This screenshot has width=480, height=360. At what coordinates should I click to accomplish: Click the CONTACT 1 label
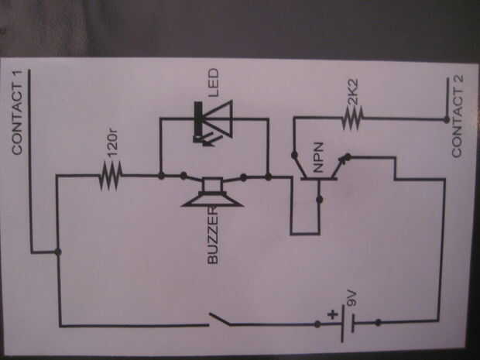[17, 112]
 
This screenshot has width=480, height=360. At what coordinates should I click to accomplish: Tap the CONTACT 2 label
[458, 116]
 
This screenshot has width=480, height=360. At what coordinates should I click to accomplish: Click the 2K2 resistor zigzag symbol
[352, 118]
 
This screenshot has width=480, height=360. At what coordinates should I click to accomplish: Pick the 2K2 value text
[353, 92]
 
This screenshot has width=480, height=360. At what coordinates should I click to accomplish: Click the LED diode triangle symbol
[218, 119]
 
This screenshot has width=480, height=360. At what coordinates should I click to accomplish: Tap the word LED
[214, 83]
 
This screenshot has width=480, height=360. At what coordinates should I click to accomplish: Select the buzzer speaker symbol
[212, 193]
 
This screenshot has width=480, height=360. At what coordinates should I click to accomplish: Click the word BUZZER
[213, 235]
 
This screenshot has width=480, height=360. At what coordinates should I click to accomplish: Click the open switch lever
[220, 319]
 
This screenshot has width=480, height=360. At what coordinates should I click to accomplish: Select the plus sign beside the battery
[333, 314]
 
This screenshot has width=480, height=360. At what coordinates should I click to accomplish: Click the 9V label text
[351, 299]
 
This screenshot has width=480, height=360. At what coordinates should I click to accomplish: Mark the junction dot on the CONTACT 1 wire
[58, 252]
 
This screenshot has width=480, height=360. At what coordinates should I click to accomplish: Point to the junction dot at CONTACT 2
[447, 119]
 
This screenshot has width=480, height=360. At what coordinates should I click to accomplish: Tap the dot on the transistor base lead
[319, 200]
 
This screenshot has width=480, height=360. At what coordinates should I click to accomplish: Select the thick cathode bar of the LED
[198, 122]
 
